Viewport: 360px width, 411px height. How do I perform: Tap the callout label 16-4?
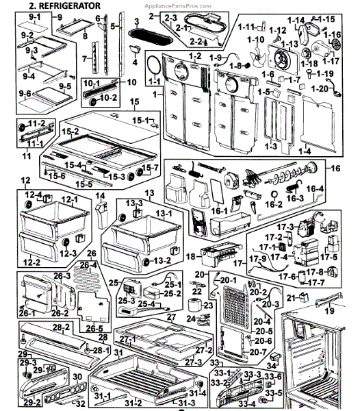[x=316, y=189]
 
